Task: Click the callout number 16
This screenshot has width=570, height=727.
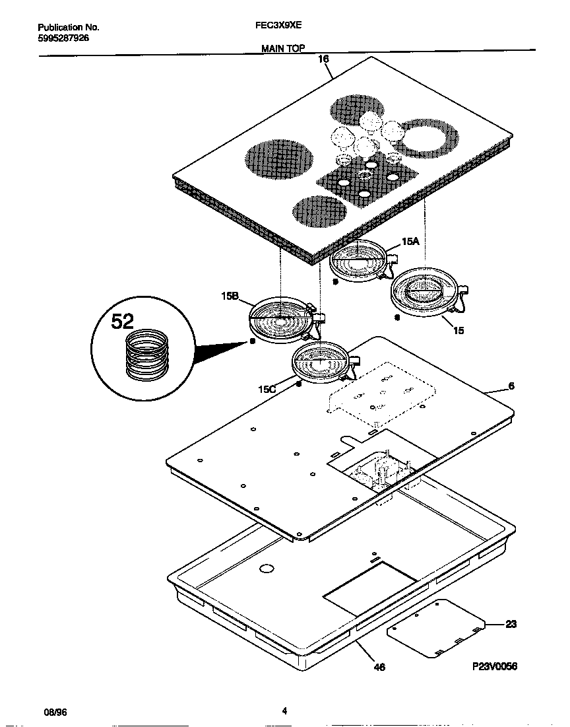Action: coord(323,59)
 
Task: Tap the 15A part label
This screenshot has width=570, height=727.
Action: coord(410,242)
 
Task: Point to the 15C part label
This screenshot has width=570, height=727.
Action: coord(267,390)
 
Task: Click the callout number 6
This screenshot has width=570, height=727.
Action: coord(511,386)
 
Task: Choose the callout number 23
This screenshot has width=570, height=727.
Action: coord(511,624)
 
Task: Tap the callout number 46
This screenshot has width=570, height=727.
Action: coord(379,667)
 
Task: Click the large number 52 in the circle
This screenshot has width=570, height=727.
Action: coord(122,322)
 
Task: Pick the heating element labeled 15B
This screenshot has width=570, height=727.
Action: coord(281,320)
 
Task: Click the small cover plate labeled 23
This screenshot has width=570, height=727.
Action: coord(436,628)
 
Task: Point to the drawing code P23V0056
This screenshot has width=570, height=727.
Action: coord(494,667)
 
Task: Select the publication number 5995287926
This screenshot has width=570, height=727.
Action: coord(63,38)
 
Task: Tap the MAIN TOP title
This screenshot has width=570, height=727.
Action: coord(283,48)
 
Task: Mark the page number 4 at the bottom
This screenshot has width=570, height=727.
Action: coord(284,711)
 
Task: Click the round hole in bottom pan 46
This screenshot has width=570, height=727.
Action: coord(266,568)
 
